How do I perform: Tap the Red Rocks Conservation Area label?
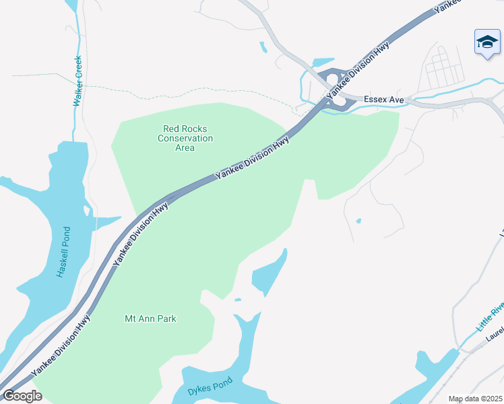[x=185, y=138]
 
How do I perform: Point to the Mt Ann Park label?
[x=150, y=318]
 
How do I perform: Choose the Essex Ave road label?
[x=383, y=100]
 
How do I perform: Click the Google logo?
[x=22, y=395]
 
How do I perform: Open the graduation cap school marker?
[x=486, y=43]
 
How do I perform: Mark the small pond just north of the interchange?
[x=323, y=62]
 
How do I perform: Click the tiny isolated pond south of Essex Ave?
[x=358, y=220]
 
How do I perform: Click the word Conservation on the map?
[x=185, y=138]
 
